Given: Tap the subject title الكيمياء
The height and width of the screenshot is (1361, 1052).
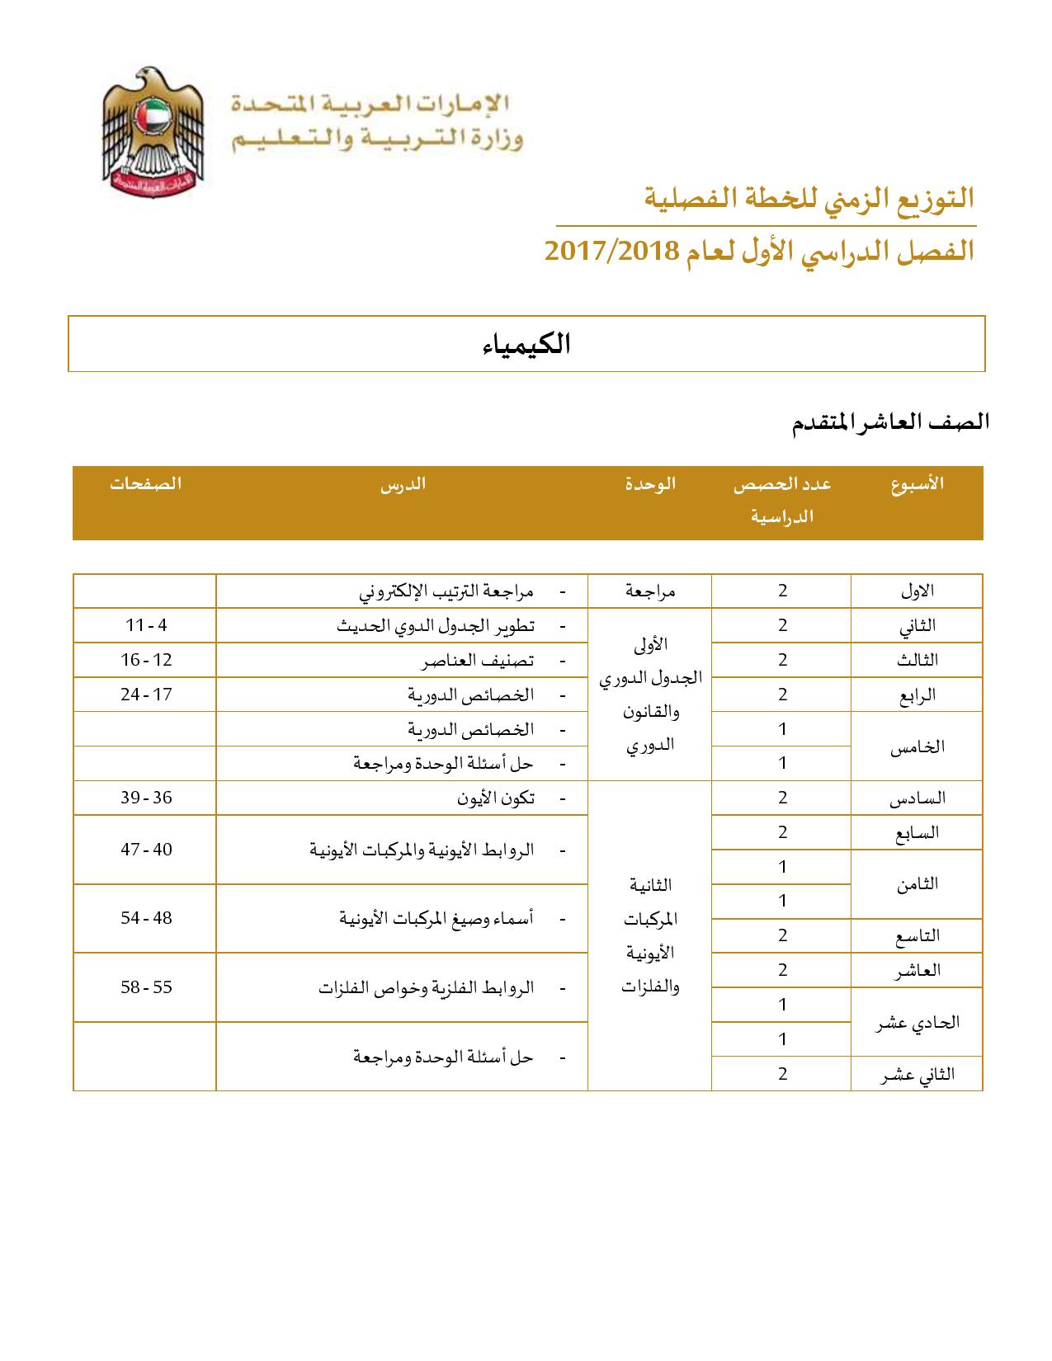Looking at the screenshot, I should tap(526, 344).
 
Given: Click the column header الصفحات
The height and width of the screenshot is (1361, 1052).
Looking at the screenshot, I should tap(146, 484).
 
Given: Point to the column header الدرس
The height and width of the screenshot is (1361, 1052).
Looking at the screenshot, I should tap(403, 484).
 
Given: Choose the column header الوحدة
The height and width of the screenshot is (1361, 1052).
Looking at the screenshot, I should tap(650, 484).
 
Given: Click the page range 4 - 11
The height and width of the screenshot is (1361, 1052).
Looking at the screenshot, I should tap(146, 625).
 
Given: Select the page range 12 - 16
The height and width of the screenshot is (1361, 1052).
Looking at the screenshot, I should tap(146, 660).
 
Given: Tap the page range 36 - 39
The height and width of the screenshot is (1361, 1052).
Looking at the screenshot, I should tap(146, 798).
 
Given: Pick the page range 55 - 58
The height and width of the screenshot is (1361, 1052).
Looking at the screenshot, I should tap(146, 987).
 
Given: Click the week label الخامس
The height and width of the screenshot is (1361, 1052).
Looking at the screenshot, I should tap(917, 747).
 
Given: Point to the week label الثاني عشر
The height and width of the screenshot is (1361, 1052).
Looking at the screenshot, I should tap(917, 1074).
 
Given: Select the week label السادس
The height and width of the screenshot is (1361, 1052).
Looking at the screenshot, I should tap(917, 798).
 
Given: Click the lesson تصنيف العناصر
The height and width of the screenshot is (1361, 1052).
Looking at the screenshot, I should tap(478, 661).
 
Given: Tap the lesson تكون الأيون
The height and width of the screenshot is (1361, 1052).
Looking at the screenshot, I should tap(495, 798).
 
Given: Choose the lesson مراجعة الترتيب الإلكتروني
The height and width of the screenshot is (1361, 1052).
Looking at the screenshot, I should tap(446, 591).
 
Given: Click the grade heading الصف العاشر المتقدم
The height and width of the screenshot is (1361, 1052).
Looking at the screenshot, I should tap(891, 422).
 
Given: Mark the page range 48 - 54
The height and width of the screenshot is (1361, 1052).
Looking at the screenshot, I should tap(146, 918).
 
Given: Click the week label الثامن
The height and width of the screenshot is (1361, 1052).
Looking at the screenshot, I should tap(917, 884).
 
